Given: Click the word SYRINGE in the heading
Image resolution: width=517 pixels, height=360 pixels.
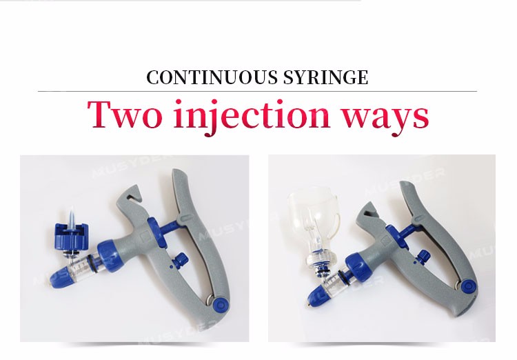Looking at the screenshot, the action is click(x=326, y=77).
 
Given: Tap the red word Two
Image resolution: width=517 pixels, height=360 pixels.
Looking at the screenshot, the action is click(x=125, y=114).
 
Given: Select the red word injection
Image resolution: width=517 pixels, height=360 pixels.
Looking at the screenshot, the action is click(x=252, y=116).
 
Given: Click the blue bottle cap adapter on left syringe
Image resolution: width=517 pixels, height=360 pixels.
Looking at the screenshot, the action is click(x=72, y=234).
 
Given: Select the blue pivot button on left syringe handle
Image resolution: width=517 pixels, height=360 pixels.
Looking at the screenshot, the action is click(x=221, y=303).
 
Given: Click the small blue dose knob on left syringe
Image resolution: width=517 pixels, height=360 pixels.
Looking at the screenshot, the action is click(x=180, y=259).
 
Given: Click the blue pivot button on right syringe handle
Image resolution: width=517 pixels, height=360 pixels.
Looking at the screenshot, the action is click(x=468, y=286).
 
